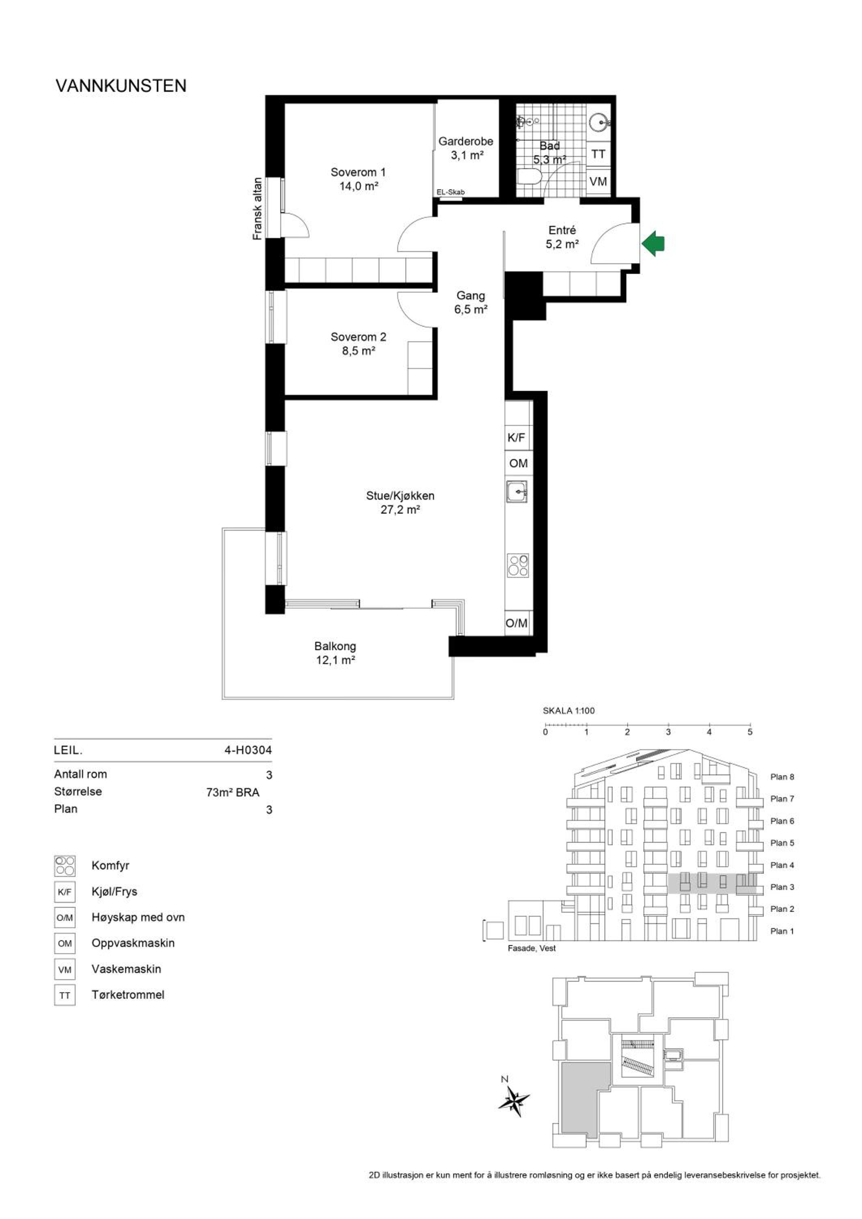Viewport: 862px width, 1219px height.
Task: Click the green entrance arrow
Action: (x=653, y=244)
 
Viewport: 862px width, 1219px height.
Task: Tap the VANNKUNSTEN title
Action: (x=121, y=86)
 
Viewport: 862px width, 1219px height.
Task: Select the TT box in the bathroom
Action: (x=598, y=154)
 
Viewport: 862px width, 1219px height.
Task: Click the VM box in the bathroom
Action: (x=598, y=182)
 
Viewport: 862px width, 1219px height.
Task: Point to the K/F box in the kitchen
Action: (x=516, y=438)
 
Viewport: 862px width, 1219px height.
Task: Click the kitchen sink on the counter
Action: (x=516, y=492)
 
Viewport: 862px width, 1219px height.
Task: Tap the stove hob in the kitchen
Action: (x=518, y=566)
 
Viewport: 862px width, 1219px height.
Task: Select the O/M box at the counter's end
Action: (x=516, y=623)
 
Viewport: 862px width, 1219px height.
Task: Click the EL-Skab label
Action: (x=450, y=192)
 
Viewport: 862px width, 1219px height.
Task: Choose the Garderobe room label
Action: (x=466, y=141)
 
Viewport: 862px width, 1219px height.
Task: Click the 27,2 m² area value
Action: (x=400, y=510)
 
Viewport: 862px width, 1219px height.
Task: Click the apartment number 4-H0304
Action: (x=248, y=750)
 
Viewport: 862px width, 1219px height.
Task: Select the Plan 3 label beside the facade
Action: (x=782, y=887)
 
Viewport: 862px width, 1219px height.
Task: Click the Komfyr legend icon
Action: (x=65, y=865)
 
